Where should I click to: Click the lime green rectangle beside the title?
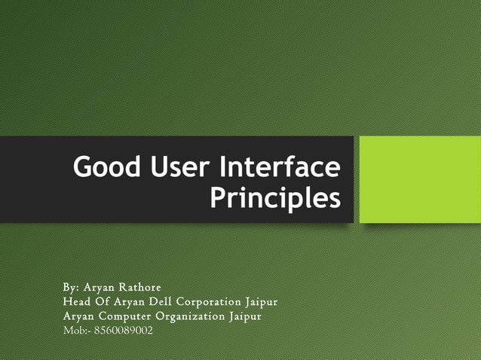pos(418,179)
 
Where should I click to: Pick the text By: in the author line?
pos(71,288)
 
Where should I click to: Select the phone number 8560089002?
pos(123,330)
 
